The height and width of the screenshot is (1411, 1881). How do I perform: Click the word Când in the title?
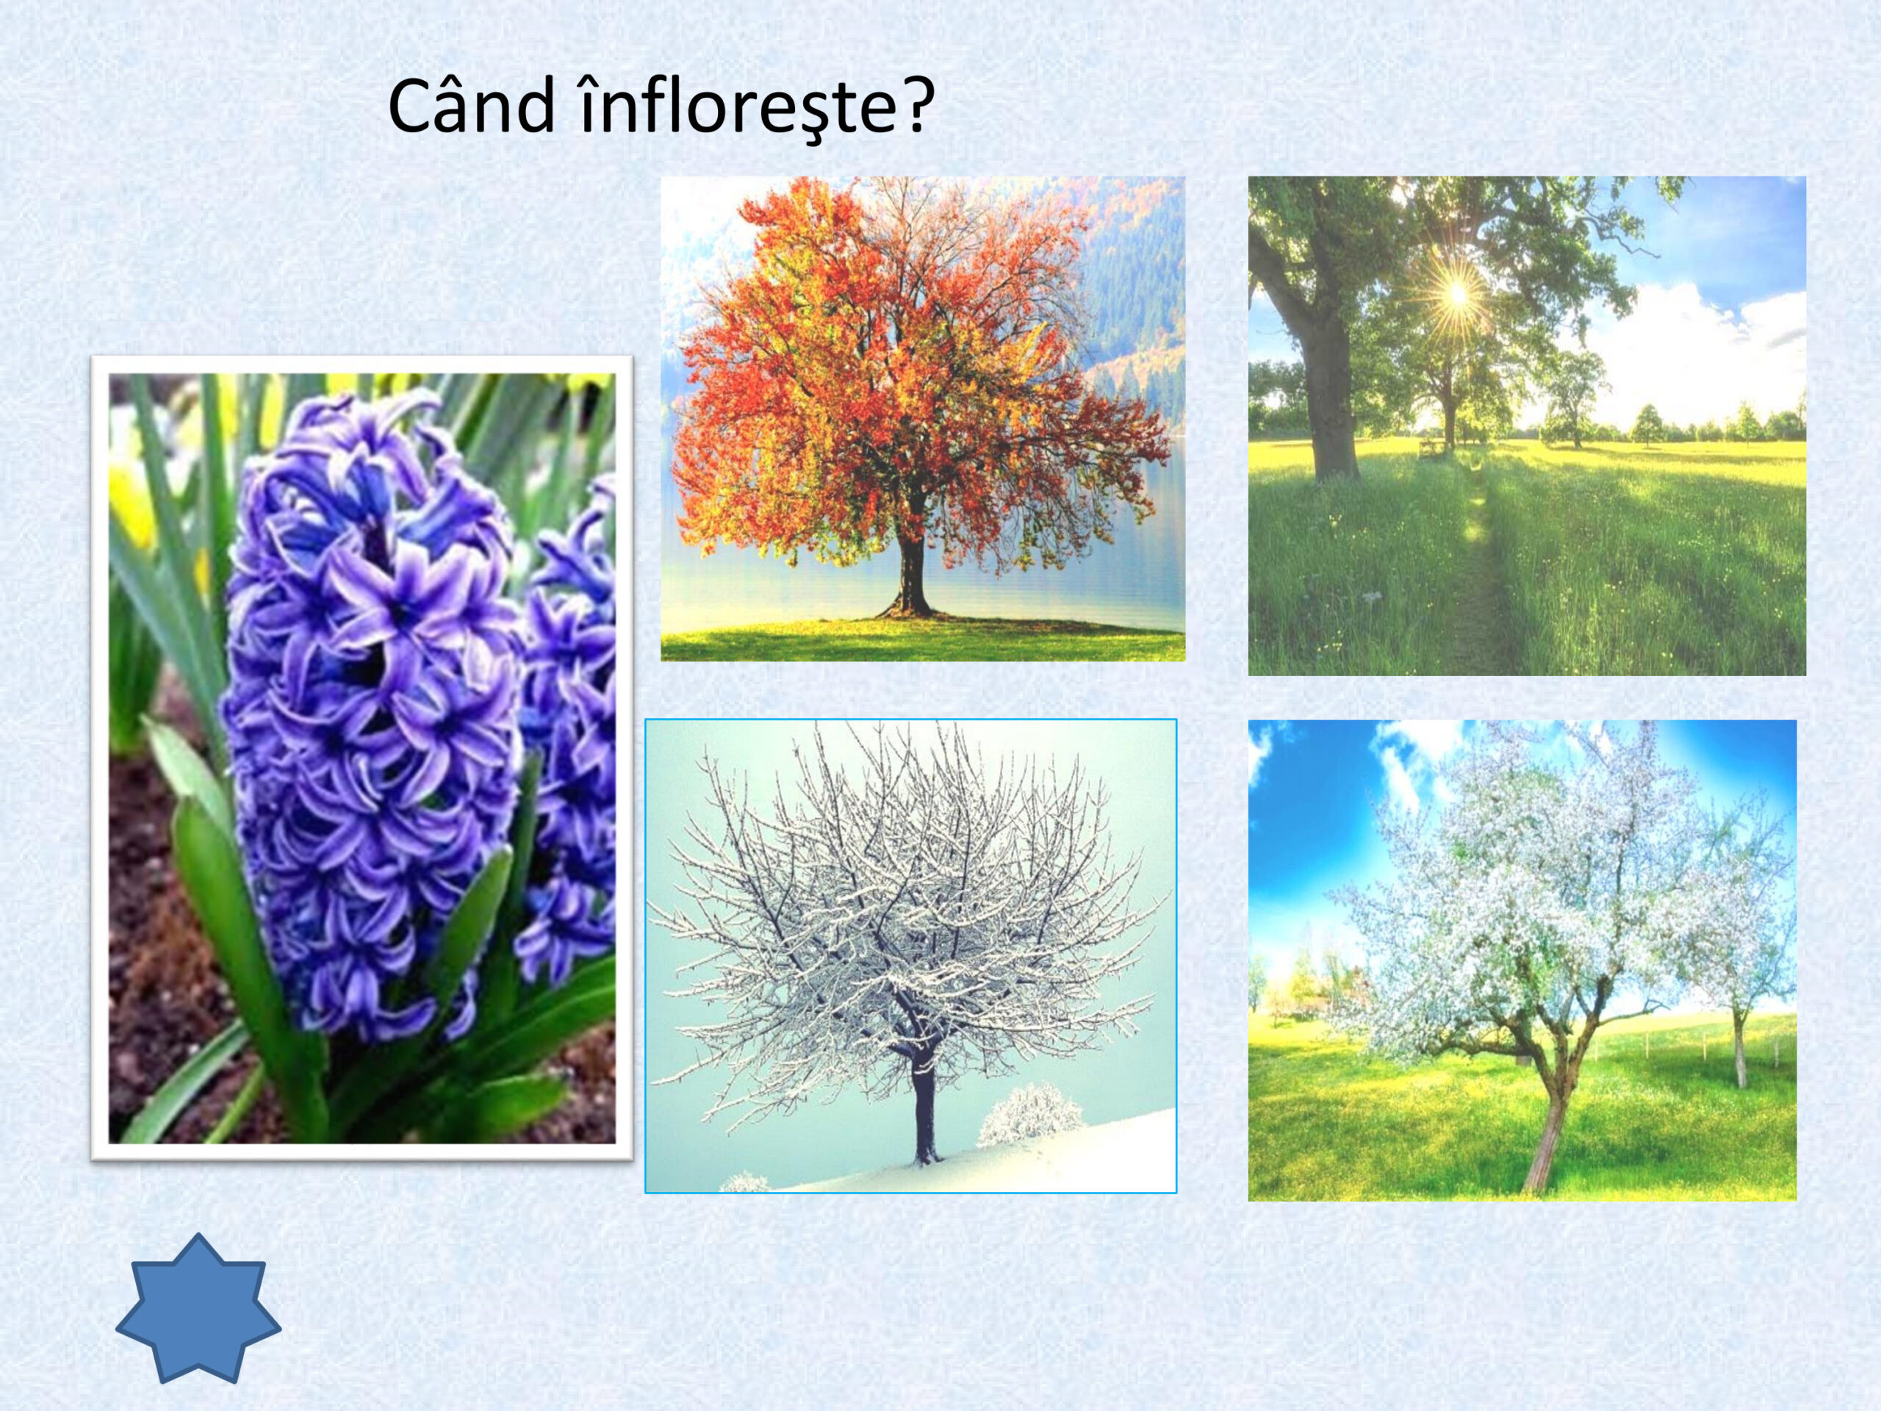[470, 108]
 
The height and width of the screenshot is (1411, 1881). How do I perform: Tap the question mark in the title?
[910, 106]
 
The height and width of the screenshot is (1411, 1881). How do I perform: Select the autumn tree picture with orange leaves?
[923, 418]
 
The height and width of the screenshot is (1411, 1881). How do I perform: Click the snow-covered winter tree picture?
[910, 956]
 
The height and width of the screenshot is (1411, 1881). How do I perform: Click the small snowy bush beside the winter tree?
[1032, 1115]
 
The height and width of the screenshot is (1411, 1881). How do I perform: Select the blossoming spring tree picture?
[1522, 961]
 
